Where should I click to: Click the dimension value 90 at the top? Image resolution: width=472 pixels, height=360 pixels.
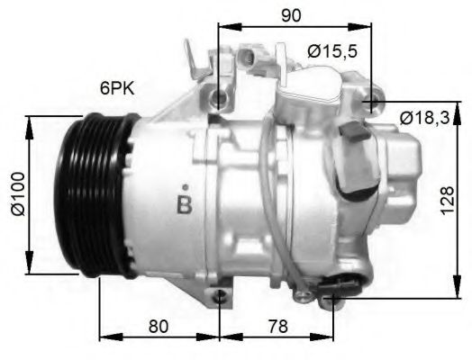click(290, 14)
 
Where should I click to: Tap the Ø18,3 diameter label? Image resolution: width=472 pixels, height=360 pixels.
click(427, 117)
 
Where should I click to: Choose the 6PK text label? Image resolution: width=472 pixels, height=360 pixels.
click(118, 89)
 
